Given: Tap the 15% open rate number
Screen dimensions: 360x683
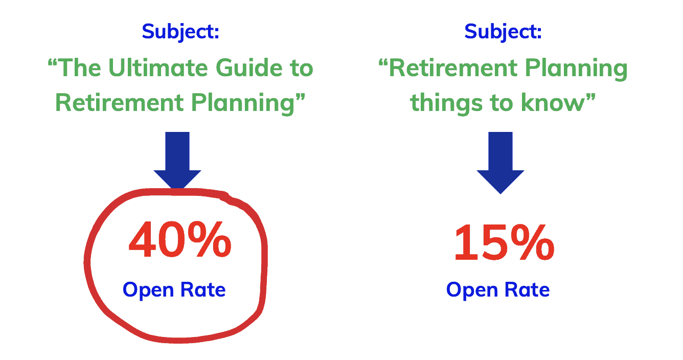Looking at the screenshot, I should [x=504, y=243].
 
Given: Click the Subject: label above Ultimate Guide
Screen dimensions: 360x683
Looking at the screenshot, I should [x=180, y=32].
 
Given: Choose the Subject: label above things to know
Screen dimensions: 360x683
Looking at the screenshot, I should [x=503, y=32].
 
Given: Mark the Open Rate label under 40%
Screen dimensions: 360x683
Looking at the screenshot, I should [x=174, y=290].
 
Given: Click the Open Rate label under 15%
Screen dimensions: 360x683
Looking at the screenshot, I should [x=498, y=290].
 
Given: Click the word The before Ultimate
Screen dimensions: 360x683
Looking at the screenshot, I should [x=77, y=69].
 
